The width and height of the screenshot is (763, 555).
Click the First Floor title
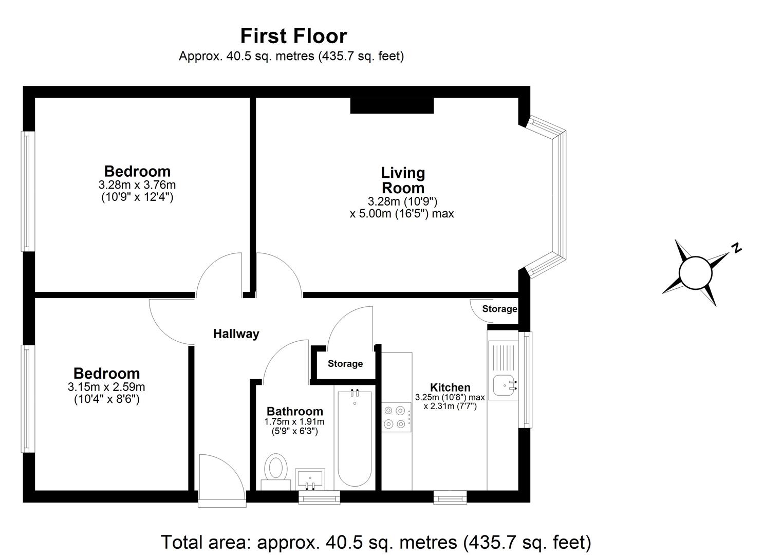(293, 36)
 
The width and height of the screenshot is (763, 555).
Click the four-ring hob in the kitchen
(396, 417)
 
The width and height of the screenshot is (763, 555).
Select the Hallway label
(236, 334)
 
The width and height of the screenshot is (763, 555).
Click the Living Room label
(403, 180)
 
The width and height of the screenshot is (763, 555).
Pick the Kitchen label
(450, 387)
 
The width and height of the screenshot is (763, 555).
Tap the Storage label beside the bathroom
(345, 364)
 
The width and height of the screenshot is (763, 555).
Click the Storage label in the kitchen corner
(499, 309)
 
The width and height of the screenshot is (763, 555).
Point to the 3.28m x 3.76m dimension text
(137, 185)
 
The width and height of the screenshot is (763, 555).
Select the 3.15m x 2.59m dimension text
(106, 387)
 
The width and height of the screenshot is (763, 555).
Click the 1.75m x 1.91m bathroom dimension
(294, 422)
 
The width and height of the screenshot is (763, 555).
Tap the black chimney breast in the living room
(392, 105)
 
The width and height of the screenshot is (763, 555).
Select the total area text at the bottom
(376, 542)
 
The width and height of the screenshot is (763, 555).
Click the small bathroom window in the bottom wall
(319, 497)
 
